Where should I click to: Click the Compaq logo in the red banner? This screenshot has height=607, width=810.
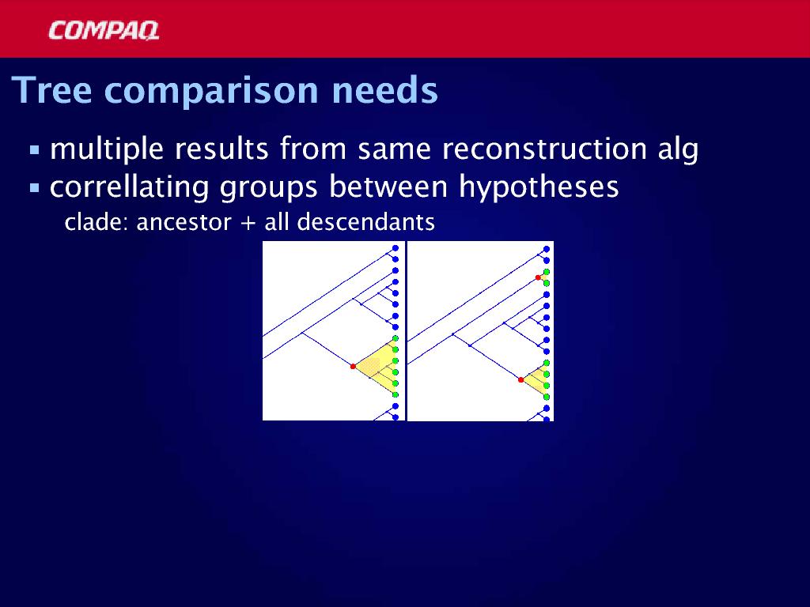point(104,31)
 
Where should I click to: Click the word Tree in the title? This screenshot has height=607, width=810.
point(51,90)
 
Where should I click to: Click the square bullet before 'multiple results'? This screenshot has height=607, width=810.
point(35,150)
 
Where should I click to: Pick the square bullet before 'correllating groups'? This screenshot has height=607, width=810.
point(35,188)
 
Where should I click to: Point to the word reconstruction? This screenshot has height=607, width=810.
point(544,149)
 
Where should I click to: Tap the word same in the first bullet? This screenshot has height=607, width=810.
point(394,149)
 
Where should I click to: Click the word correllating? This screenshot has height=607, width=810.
point(129,187)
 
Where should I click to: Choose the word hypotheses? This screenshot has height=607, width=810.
point(539,187)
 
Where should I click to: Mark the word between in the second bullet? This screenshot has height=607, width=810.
point(388,187)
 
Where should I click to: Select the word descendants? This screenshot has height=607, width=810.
point(366,222)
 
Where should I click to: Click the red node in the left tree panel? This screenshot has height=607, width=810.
point(354,367)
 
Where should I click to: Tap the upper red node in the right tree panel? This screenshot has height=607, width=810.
point(538,277)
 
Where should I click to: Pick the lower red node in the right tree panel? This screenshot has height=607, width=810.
point(520,380)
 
